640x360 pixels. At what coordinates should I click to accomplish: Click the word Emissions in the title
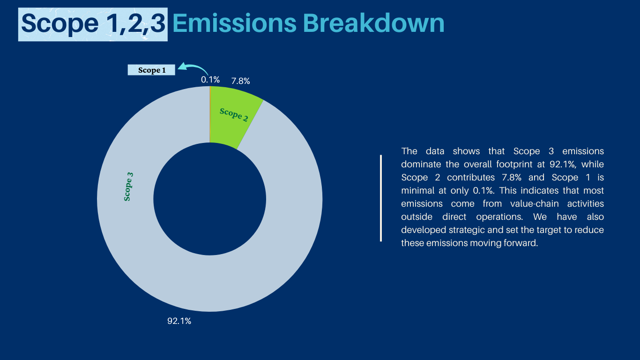tap(235, 23)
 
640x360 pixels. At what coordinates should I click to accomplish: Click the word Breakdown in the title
tap(373, 23)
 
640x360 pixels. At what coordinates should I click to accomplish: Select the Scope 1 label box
tap(151, 70)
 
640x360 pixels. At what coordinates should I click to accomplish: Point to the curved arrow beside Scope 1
tap(194, 67)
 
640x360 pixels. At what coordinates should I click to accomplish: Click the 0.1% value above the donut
tap(210, 80)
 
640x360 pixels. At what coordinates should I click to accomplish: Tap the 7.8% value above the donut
tap(240, 81)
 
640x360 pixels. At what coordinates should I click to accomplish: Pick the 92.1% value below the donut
tap(179, 321)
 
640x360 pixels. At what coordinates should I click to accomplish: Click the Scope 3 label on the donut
tap(128, 187)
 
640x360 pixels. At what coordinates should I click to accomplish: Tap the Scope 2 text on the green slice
tap(234, 115)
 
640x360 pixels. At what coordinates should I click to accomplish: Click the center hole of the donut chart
tap(210, 199)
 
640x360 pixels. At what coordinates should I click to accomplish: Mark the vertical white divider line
tap(381, 198)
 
